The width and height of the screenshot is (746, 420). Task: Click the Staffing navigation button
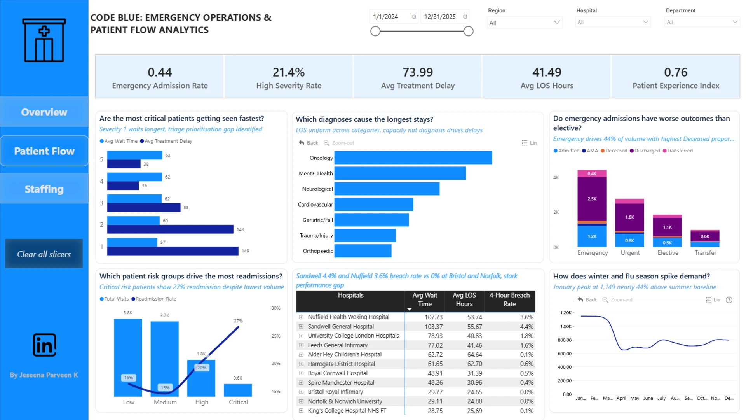click(44, 189)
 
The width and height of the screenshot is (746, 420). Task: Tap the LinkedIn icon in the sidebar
click(44, 345)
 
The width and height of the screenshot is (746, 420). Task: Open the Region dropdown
click(524, 23)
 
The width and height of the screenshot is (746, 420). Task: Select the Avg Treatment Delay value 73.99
click(418, 72)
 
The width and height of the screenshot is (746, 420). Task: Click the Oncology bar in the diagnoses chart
click(413, 158)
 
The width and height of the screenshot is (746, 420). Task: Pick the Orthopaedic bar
click(363, 251)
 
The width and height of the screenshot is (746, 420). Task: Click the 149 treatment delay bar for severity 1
click(173, 251)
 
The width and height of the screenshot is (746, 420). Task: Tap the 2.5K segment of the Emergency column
click(592, 199)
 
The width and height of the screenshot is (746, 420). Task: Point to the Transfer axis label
click(705, 253)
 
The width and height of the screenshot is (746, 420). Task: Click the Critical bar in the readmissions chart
click(238, 390)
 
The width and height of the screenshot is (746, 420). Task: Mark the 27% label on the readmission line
click(238, 321)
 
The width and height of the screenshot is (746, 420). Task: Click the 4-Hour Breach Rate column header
click(509, 299)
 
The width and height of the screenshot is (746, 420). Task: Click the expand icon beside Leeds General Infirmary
click(301, 345)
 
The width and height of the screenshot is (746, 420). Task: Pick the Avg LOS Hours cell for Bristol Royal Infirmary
click(474, 392)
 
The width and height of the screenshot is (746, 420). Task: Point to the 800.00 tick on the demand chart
click(565, 340)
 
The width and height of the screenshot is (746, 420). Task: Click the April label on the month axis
click(621, 398)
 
